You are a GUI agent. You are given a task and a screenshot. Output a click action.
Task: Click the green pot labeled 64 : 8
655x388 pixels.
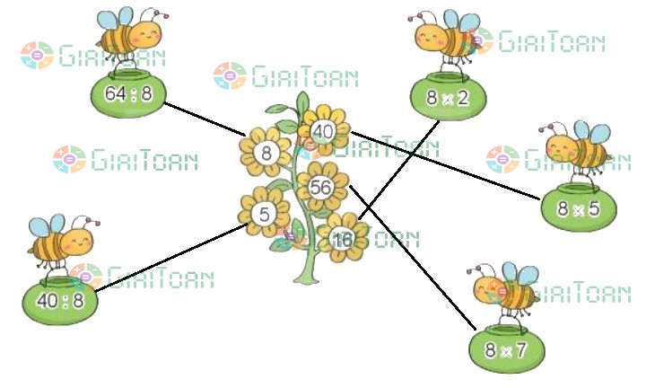[x=127, y=94]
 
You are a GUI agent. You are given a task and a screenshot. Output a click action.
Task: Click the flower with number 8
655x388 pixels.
[x=266, y=153]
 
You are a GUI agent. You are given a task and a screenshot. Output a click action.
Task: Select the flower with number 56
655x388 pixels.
[x=320, y=186]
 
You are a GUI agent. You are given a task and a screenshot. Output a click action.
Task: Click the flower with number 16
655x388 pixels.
[x=342, y=239]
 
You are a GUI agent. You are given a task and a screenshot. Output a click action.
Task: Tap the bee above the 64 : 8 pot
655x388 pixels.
[x=130, y=36]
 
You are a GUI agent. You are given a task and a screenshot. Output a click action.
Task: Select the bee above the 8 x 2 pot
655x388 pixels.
[x=444, y=40]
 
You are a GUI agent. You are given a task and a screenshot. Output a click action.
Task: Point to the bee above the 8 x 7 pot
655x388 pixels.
[x=507, y=289]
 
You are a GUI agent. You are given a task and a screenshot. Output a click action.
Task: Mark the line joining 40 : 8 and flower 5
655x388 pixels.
[x=170, y=258]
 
